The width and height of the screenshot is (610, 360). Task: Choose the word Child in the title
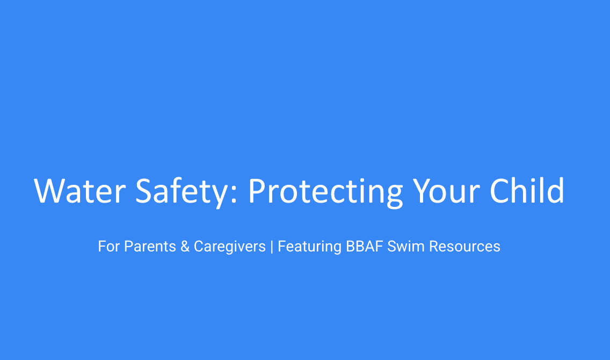527,190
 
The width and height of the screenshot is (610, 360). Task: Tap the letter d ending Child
556,190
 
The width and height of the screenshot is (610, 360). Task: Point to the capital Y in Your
421,190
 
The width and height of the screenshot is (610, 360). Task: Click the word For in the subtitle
109,247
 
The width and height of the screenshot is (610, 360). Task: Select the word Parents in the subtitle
150,247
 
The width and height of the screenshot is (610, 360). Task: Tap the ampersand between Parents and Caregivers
185,247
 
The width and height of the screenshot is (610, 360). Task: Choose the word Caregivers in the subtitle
230,247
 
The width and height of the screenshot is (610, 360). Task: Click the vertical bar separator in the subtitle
272,247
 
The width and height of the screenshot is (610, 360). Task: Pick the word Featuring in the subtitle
309,247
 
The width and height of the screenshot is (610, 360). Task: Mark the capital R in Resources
433,247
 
